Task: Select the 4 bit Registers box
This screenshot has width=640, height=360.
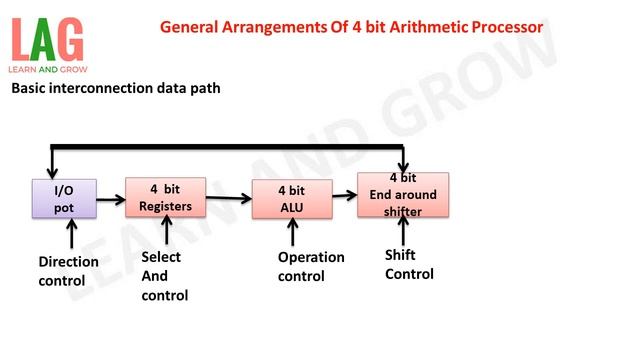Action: pos(165,198)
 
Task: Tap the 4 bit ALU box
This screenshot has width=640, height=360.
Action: pos(291,199)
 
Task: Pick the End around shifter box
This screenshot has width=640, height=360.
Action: pos(403,195)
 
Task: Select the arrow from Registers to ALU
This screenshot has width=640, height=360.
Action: pos(229,198)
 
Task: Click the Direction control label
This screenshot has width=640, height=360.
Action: pos(68,271)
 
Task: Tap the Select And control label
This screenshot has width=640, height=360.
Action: pos(164,276)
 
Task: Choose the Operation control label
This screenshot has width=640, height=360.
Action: pos(311,266)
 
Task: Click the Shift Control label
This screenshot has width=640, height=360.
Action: pos(409,264)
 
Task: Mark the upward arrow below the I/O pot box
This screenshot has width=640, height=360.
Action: pos(71,236)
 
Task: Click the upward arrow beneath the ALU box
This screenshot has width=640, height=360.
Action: pos(292,232)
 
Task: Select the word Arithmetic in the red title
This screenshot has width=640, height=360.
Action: pos(404,27)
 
